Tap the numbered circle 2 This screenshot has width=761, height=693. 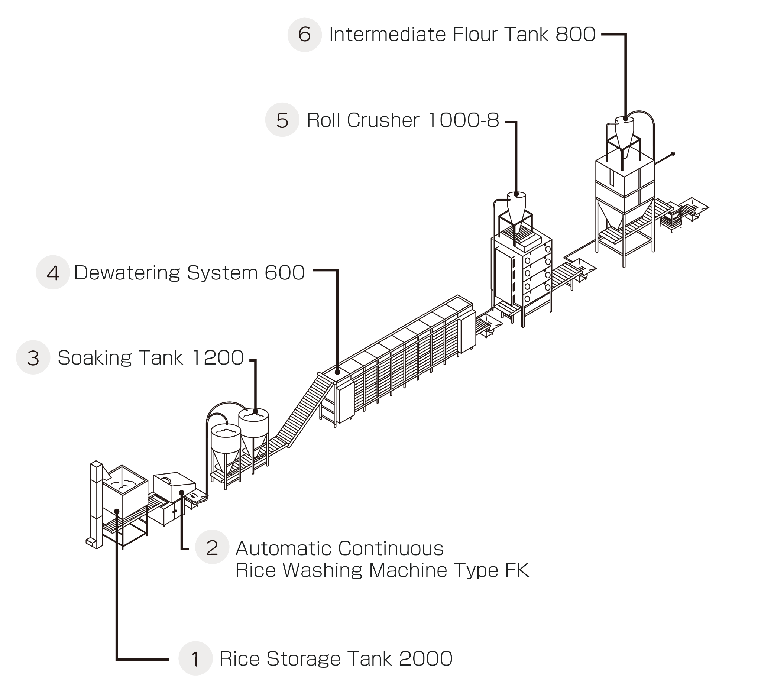[x=212, y=547]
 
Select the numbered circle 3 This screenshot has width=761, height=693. [x=33, y=357]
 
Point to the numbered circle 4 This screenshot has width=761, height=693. [x=53, y=272]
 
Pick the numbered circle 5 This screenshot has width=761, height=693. [x=282, y=120]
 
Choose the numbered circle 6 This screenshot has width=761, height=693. [x=305, y=34]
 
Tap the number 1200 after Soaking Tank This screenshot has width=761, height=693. [x=218, y=357]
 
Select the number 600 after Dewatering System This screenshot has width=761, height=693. [x=285, y=272]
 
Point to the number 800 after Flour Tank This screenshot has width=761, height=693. [x=576, y=34]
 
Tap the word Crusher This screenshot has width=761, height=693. [x=383, y=120]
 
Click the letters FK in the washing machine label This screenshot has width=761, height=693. [x=517, y=570]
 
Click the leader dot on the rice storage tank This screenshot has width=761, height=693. [x=117, y=511]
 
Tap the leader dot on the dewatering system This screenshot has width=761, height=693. [x=337, y=372]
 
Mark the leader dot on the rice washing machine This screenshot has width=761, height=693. [x=182, y=492]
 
